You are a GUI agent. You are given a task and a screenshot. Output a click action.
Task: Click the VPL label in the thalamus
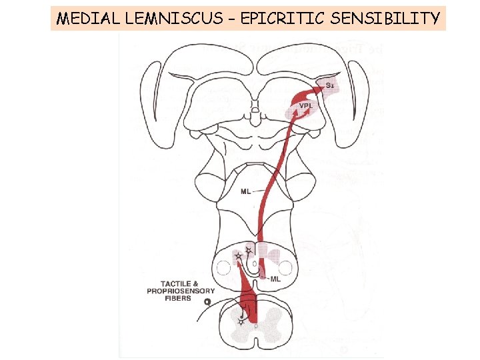coord(306,105)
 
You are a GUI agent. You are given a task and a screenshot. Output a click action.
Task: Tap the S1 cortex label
coord(329,85)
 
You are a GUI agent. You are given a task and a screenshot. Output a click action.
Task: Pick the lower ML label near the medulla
coord(275,279)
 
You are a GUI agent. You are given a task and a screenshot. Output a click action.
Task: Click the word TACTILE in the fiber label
coord(173,283)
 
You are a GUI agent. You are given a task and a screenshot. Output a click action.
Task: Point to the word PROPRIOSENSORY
coord(181,291)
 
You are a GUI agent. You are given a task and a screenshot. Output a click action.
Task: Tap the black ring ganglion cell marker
coord(207,301)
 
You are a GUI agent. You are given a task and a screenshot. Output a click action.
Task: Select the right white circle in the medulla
coord(285,269)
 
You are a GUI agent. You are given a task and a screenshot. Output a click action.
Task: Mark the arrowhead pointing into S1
coord(319,86)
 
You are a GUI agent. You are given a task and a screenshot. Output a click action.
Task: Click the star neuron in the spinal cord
coord(241,321)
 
